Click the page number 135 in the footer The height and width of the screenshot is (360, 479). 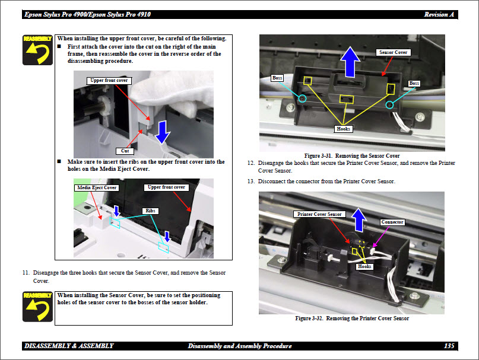449,346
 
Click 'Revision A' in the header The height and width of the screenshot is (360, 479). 440,14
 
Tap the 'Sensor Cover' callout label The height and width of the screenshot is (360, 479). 393,53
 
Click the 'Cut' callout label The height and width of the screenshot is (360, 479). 125,151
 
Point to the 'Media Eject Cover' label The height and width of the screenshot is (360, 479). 97,187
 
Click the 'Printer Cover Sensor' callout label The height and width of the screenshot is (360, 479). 319,214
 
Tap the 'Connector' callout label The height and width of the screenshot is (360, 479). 392,222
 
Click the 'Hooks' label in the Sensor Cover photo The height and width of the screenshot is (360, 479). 344,129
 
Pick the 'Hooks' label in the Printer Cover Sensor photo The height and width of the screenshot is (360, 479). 364,267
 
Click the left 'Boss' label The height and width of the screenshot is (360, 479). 277,78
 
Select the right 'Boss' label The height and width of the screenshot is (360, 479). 414,84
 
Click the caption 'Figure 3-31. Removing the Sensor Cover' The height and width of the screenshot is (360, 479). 351,155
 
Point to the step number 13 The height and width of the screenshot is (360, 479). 250,181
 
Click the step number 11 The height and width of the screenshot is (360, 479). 26,273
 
